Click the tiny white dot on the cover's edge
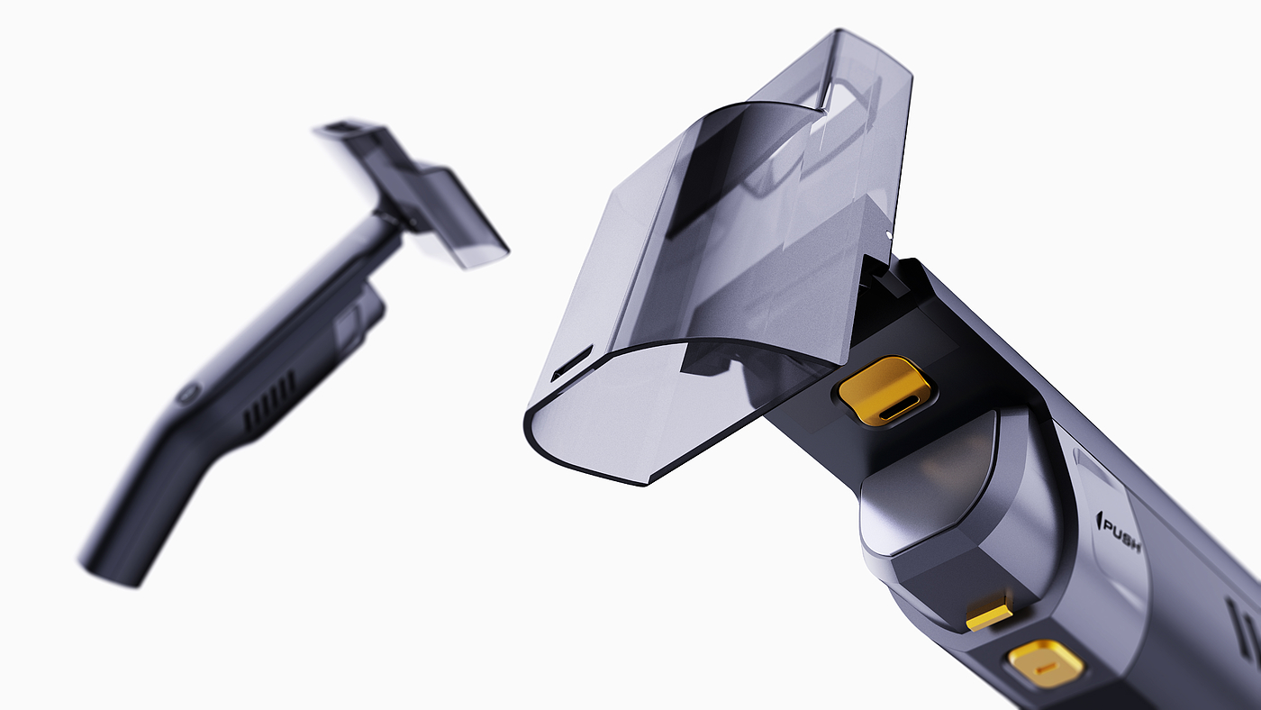[888, 232]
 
